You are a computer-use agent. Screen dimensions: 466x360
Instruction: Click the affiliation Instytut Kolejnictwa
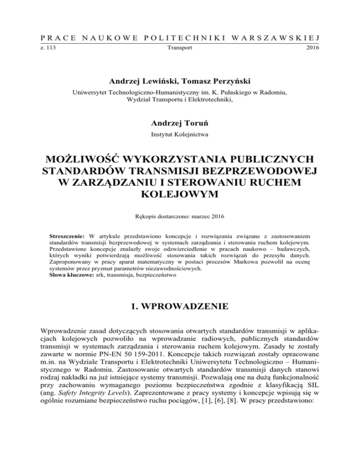click(180, 135)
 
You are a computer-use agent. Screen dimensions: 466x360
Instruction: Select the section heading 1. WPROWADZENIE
click(180, 309)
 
